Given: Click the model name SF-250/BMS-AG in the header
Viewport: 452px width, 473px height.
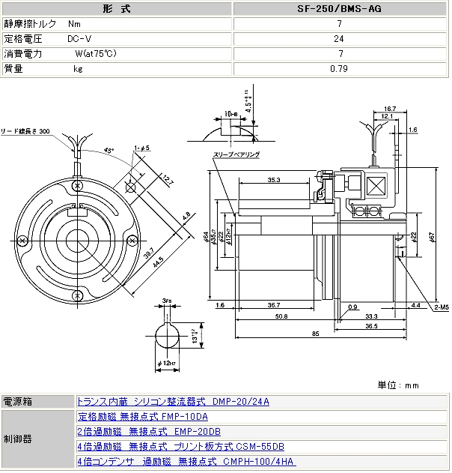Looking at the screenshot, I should click(340, 8).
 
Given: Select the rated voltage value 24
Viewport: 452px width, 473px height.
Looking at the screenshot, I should click(340, 38).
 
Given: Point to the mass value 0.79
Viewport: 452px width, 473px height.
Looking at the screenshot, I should click(340, 68).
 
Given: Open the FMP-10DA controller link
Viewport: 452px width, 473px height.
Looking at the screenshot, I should click(142, 416).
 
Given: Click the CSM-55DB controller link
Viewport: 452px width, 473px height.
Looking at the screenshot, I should click(180, 446).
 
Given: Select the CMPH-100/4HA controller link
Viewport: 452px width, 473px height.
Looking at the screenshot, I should click(186, 461).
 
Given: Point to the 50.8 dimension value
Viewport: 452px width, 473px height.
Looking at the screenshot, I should click(281, 317).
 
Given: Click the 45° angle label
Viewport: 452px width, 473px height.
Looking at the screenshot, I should click(109, 151).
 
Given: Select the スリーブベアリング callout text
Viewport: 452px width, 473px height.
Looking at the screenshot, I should click(236, 154).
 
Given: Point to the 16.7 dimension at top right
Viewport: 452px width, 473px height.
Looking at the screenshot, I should click(389, 109).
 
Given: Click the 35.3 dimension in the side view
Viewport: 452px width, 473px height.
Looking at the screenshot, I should click(273, 180).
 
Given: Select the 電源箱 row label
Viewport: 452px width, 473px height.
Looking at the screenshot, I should click(18, 401).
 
